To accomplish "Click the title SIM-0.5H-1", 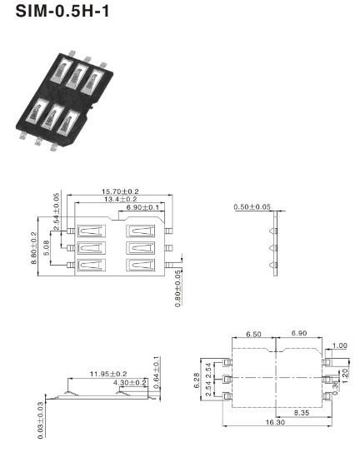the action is tap(62, 12).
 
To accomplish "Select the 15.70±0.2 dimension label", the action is tap(120, 191).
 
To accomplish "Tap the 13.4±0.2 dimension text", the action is tap(120, 199).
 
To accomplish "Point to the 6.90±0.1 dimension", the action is tap(142, 207).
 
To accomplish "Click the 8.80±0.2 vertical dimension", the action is tap(34, 248).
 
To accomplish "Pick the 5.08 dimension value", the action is tap(46, 248).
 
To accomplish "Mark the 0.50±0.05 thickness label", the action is tap(252, 207).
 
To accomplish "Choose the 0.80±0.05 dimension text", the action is tap(178, 289).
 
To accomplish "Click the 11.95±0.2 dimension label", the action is tap(108, 374).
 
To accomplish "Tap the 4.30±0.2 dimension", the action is tap(130, 383).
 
